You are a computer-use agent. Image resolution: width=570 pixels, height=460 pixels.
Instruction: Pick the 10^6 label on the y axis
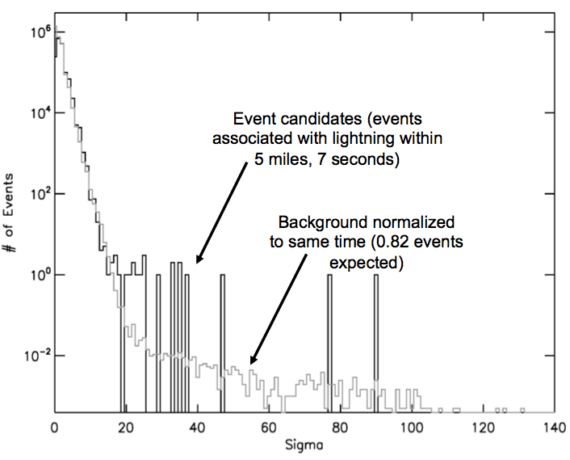[36, 32]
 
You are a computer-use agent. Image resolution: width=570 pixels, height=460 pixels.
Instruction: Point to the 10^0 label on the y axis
[36, 274]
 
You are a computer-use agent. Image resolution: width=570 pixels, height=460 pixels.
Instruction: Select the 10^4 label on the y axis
[36, 112]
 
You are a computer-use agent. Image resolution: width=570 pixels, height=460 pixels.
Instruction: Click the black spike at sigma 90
[375, 340]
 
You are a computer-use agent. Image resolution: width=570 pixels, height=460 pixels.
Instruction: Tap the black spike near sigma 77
[329, 340]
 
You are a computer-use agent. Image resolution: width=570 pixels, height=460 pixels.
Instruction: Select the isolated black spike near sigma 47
[222, 340]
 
